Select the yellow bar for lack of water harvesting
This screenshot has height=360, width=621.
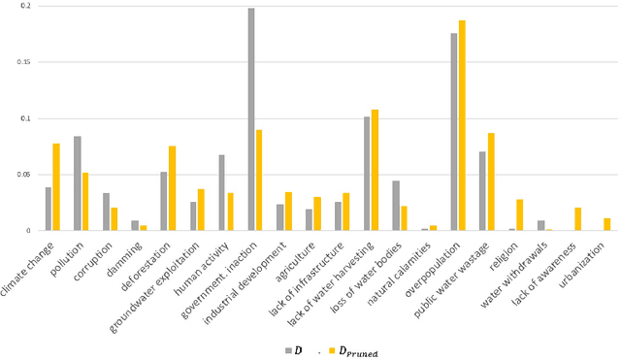[x=375, y=170]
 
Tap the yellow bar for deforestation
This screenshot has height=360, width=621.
[x=172, y=188]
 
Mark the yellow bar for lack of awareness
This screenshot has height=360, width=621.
[x=577, y=218]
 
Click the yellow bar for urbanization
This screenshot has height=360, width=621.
[x=606, y=224]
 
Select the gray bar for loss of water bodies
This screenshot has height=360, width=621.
[x=396, y=205]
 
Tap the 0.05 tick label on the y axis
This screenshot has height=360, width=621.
[x=20, y=175]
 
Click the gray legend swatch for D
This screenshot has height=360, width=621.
[x=288, y=348]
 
